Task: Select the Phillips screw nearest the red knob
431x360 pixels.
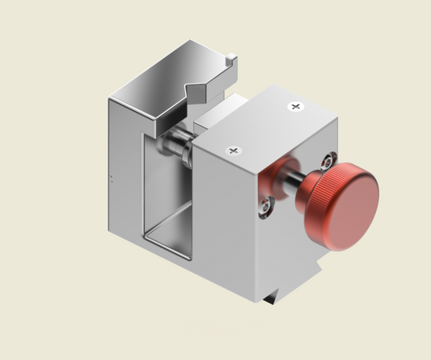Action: point(296,106)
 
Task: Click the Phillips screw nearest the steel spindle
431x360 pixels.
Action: point(234,150)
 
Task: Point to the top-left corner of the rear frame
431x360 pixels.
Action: point(111,98)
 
